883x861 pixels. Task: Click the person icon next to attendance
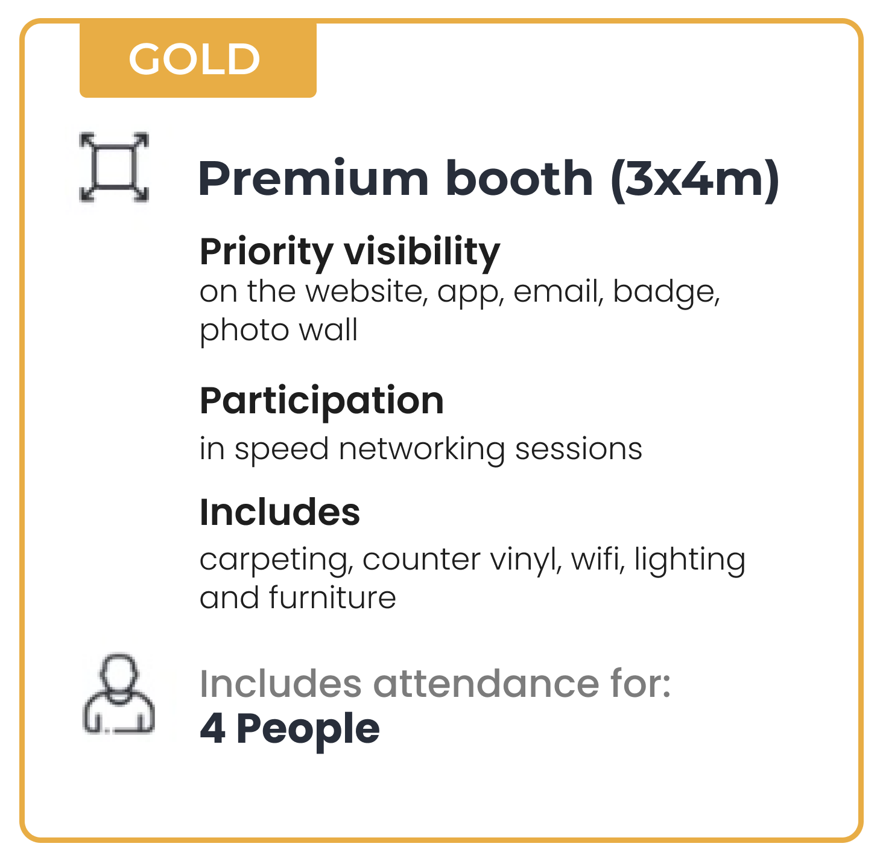[x=118, y=693]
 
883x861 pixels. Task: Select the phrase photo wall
[x=279, y=331]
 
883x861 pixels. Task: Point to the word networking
[x=422, y=450]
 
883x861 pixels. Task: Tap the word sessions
[x=578, y=450]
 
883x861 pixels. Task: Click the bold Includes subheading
[x=279, y=512]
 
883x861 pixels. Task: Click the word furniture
[x=332, y=597]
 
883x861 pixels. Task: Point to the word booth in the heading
[x=519, y=179]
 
